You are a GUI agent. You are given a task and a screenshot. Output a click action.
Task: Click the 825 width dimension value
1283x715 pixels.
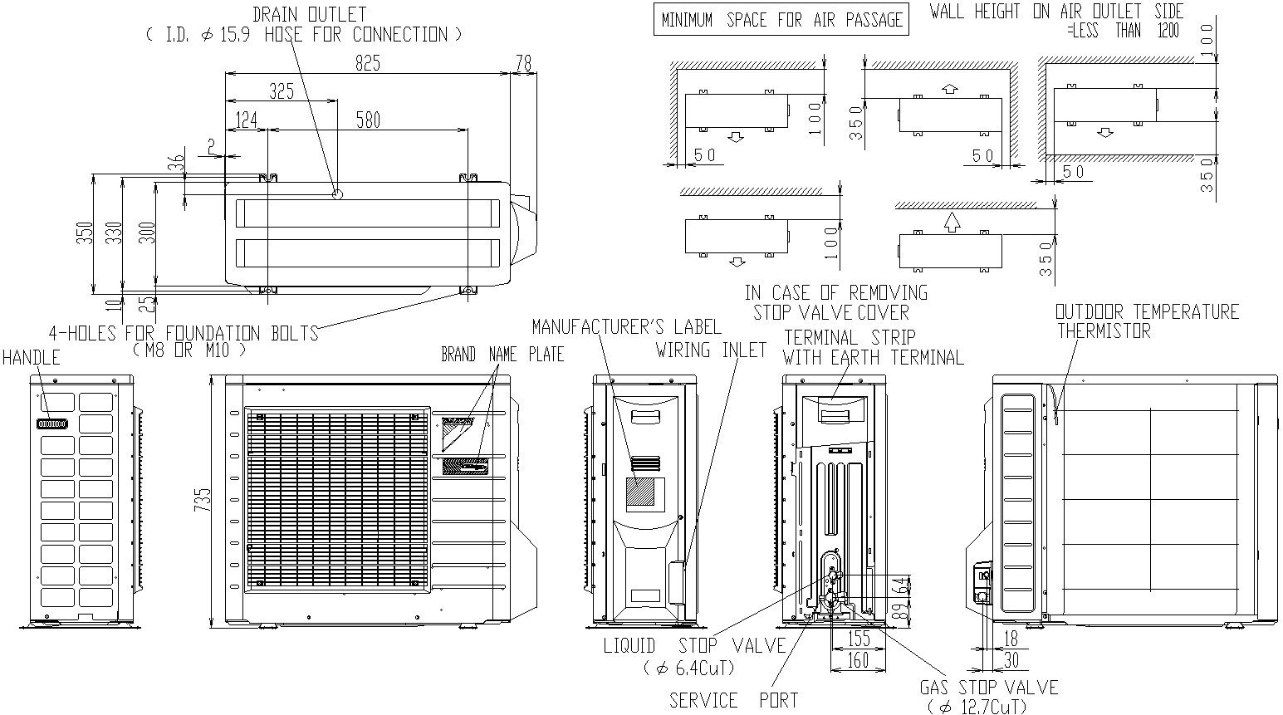(368, 63)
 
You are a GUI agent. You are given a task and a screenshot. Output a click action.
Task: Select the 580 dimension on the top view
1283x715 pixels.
(367, 120)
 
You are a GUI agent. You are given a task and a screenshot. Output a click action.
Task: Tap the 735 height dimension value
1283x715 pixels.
(203, 500)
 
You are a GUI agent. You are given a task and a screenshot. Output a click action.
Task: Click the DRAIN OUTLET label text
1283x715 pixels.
(309, 15)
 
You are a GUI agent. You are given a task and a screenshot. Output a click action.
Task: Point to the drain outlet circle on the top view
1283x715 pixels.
(336, 194)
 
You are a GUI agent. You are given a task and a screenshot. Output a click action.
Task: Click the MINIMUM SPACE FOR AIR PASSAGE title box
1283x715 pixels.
(781, 20)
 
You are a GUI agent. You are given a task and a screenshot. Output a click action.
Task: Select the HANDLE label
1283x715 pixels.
(31, 358)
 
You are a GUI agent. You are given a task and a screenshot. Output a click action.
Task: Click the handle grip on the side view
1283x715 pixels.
(52, 424)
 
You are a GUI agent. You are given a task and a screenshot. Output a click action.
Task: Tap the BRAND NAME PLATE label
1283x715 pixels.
(502, 355)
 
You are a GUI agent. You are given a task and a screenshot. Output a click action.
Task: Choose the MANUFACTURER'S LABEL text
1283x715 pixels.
(626, 326)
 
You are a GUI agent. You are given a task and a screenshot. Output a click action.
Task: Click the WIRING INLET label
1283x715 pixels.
(711, 350)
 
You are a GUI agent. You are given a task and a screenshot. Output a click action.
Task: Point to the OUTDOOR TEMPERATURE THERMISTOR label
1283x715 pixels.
(1146, 321)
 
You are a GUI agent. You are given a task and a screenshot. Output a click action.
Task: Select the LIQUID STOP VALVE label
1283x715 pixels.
(694, 646)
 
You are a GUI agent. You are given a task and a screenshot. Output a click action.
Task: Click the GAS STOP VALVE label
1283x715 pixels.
(988, 688)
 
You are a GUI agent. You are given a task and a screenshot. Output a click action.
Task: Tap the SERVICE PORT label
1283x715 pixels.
(733, 700)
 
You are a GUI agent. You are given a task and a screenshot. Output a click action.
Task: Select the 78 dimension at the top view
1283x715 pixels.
(523, 63)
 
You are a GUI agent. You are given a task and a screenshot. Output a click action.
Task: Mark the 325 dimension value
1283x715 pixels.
(282, 91)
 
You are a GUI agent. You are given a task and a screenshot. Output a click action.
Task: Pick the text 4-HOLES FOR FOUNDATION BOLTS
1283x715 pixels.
(184, 333)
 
